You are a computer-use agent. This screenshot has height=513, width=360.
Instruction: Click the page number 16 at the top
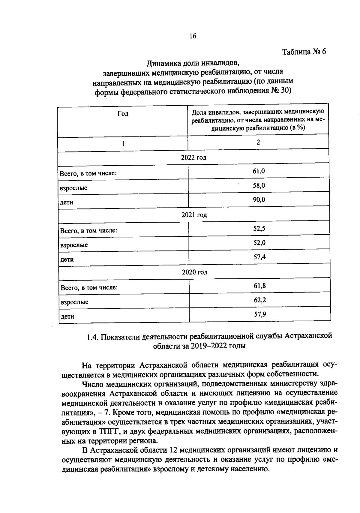(x=193, y=36)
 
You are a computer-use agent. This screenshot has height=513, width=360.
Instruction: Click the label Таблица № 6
(x=304, y=52)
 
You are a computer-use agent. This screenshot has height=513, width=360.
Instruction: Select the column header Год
(x=123, y=114)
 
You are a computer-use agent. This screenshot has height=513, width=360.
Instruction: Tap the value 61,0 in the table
(x=259, y=171)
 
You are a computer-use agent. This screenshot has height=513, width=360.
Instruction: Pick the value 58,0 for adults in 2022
(x=259, y=185)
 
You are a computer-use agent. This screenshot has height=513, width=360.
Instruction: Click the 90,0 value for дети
(x=259, y=200)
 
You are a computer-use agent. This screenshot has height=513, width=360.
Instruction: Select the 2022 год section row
(x=193, y=157)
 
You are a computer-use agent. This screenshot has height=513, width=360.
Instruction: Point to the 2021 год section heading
(x=194, y=215)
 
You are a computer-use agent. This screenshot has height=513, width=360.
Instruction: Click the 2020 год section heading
(x=195, y=272)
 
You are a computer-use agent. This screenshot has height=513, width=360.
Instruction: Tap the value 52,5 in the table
(x=259, y=229)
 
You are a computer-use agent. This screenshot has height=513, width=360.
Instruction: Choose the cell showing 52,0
(x=259, y=243)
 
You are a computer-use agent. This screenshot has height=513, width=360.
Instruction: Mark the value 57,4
(x=259, y=257)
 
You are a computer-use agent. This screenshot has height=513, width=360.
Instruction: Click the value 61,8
(x=260, y=286)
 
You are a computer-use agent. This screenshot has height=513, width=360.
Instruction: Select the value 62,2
(x=260, y=300)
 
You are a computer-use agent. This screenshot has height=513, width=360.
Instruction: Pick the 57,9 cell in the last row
(x=260, y=314)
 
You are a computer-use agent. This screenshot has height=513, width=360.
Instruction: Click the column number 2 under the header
(x=258, y=142)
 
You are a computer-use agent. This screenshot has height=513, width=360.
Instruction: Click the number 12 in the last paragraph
(x=174, y=450)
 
